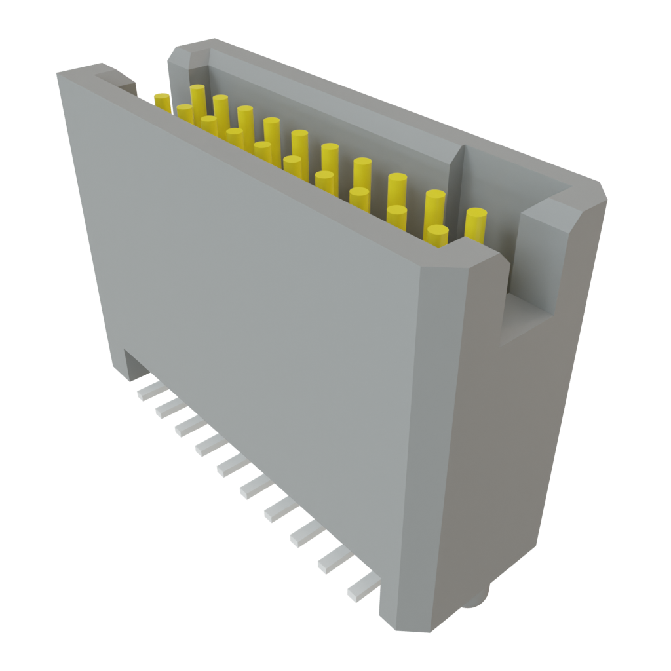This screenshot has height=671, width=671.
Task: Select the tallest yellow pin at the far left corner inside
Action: pos(197,98)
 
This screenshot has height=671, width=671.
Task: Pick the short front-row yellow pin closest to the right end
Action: pos(437,234)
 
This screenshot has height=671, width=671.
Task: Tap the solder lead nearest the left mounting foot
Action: pos(148,391)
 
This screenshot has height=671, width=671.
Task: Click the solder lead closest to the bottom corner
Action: pos(362,586)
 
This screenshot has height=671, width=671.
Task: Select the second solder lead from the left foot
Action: pos(166,408)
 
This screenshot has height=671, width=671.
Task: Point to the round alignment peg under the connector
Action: pos(477,597)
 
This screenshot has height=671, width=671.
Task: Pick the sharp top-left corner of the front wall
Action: pos(58,75)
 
